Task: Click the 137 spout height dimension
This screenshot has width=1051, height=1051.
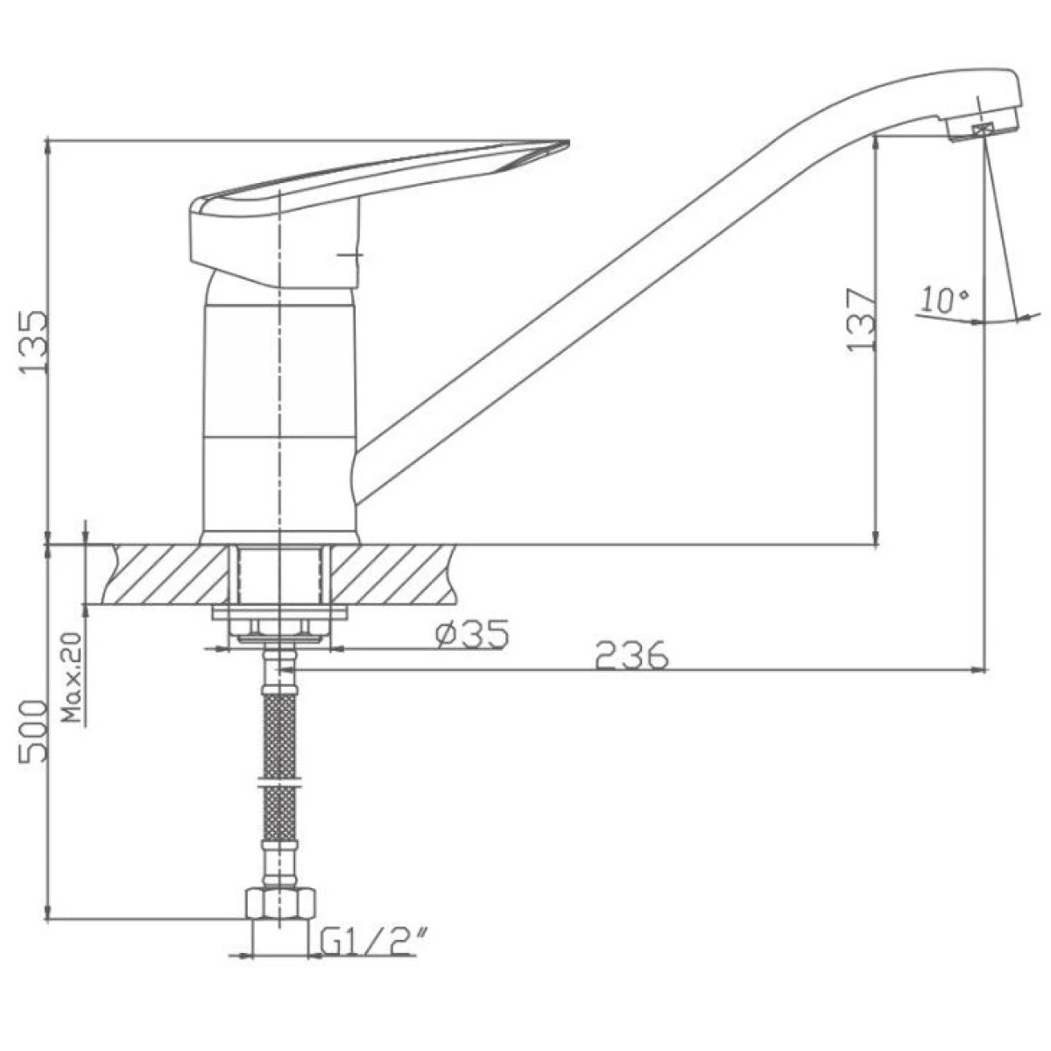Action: click(861, 319)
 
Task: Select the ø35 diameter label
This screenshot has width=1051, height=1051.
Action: click(472, 634)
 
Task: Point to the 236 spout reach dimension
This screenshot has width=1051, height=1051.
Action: click(631, 655)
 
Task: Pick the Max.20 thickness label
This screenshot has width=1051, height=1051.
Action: click(72, 677)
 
